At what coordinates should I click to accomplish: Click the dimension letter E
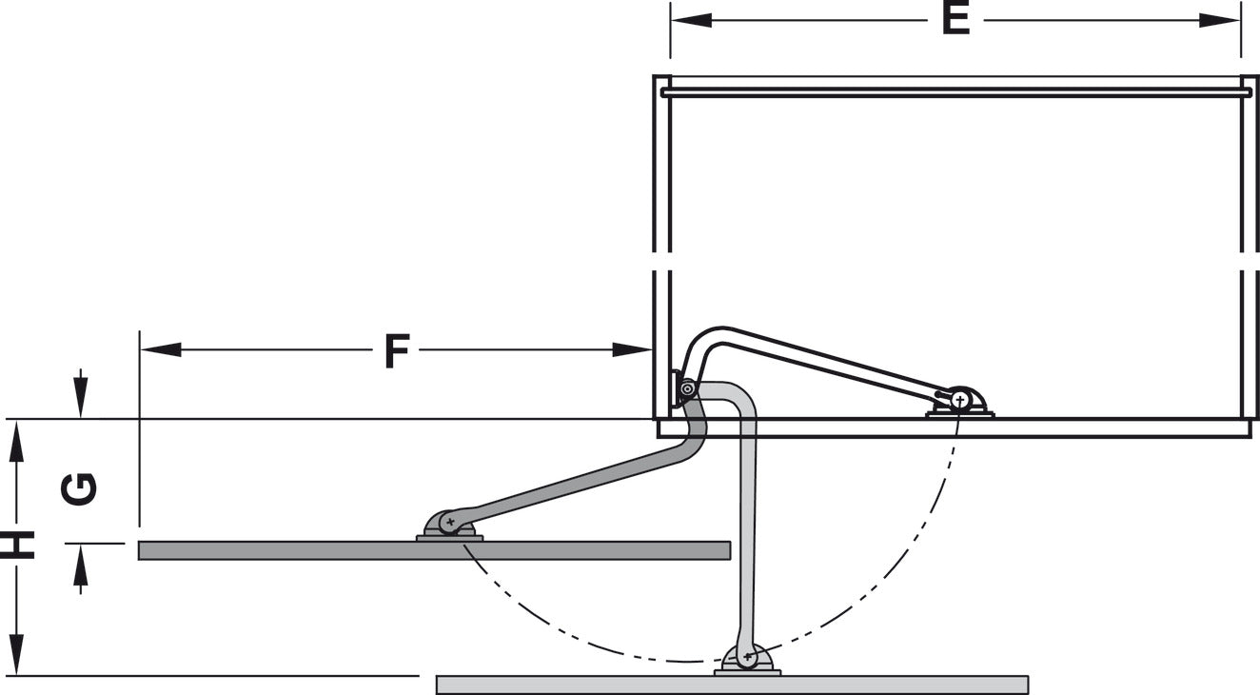click(x=955, y=21)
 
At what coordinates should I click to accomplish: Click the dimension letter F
click(x=397, y=351)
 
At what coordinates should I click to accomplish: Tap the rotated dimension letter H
click(x=17, y=545)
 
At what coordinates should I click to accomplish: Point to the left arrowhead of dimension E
click(x=691, y=21)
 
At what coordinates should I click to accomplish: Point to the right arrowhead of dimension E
click(x=1219, y=21)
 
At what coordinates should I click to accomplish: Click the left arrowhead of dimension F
click(x=161, y=349)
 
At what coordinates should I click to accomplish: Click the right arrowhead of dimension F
click(x=632, y=349)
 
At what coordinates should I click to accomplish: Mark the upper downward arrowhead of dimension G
click(x=81, y=398)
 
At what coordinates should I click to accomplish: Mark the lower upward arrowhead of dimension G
click(x=81, y=565)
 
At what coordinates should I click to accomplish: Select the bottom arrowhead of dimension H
click(x=17, y=654)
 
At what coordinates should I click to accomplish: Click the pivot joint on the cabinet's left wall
click(x=687, y=388)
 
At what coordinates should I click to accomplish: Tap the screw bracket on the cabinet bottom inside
click(x=960, y=403)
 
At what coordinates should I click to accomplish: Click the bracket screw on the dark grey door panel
click(x=449, y=522)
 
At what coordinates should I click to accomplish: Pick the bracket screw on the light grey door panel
click(x=748, y=657)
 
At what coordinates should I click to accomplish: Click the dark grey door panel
click(x=434, y=550)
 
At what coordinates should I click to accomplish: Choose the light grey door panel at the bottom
click(x=733, y=685)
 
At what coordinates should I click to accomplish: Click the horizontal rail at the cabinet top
click(x=955, y=92)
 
